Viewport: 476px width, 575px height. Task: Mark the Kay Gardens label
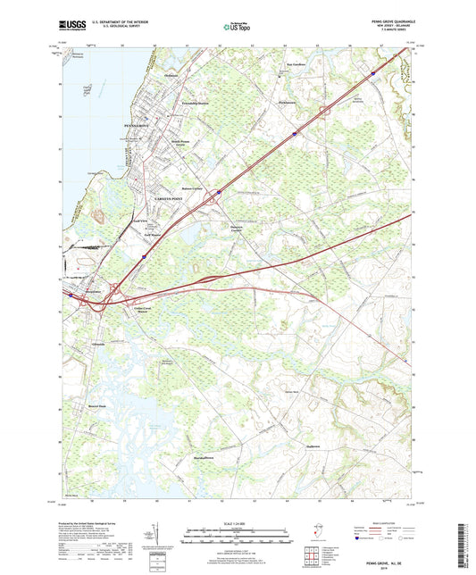point(296,65)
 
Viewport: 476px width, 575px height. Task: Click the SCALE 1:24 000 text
point(237,522)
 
